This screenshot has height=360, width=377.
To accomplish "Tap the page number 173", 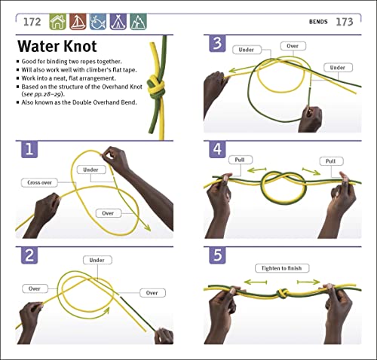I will coord(344,21).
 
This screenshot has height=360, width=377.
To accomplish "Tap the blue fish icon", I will coord(98,21).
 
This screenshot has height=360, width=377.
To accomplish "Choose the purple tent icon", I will coord(118,21).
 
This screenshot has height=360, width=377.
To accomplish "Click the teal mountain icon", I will coord(138,21).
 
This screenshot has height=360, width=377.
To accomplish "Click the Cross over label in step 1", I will coord(41,182).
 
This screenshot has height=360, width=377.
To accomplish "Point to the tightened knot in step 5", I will coord(288,291).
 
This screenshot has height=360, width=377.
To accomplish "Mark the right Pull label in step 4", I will coord(330,161).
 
